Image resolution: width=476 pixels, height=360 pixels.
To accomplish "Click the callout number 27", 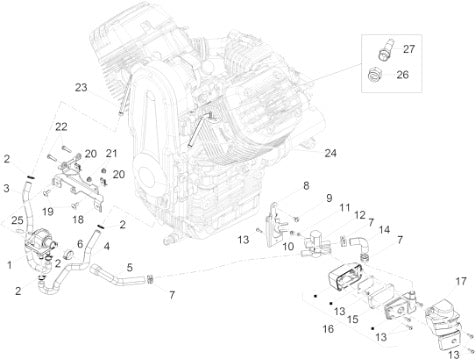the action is [409, 49].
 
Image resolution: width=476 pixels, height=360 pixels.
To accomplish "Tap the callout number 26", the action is [402, 75].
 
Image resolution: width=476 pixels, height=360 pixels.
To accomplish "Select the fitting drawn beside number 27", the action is [386, 49].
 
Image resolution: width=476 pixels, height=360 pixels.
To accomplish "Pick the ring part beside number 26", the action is [374, 75].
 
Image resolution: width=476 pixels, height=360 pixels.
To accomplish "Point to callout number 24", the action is [330, 153].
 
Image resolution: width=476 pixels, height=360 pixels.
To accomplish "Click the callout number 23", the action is [81, 88].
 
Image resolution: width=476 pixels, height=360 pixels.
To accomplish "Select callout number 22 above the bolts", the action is [61, 127].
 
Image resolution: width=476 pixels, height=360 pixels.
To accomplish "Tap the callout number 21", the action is [111, 153].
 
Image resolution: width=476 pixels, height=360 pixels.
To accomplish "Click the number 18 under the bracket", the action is [78, 220].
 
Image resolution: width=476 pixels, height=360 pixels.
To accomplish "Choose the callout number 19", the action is [48, 212].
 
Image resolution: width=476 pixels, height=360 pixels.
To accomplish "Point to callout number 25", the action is [17, 220].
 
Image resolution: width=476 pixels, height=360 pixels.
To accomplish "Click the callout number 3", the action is [6, 188].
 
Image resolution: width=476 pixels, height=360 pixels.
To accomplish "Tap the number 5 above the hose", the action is [129, 267].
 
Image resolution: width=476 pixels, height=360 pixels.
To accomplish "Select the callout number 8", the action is [306, 186].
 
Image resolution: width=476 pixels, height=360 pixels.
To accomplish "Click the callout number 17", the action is [461, 281].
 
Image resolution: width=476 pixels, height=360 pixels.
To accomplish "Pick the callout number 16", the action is [328, 329].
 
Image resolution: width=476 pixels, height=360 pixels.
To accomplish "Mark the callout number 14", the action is [384, 230].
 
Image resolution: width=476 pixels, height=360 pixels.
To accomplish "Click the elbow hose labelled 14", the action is [359, 243].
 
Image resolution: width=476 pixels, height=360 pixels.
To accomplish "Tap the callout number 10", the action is [288, 247].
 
